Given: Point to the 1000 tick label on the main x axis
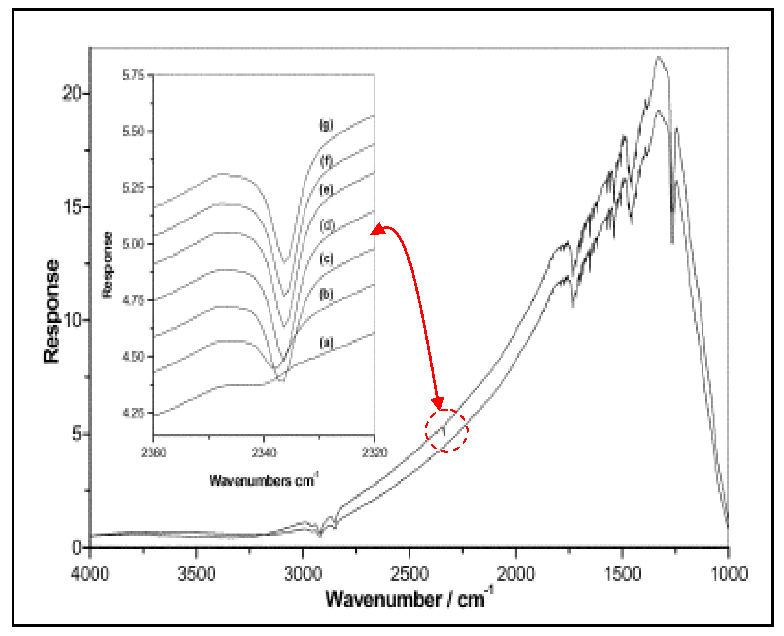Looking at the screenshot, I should tap(729, 574).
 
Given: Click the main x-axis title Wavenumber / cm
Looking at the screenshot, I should tap(409, 600).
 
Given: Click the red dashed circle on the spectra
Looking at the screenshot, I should tap(446, 431).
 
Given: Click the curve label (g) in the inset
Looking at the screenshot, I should tap(326, 125).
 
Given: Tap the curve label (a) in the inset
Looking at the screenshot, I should tap(326, 343).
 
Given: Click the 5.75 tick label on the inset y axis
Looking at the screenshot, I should tap(133, 75).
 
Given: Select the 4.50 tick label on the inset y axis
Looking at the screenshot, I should tap(133, 356).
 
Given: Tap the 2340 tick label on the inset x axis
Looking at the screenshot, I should tap(264, 453).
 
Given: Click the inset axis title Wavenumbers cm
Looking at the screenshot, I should tap(263, 480).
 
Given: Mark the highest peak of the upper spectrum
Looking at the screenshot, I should tap(659, 57).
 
